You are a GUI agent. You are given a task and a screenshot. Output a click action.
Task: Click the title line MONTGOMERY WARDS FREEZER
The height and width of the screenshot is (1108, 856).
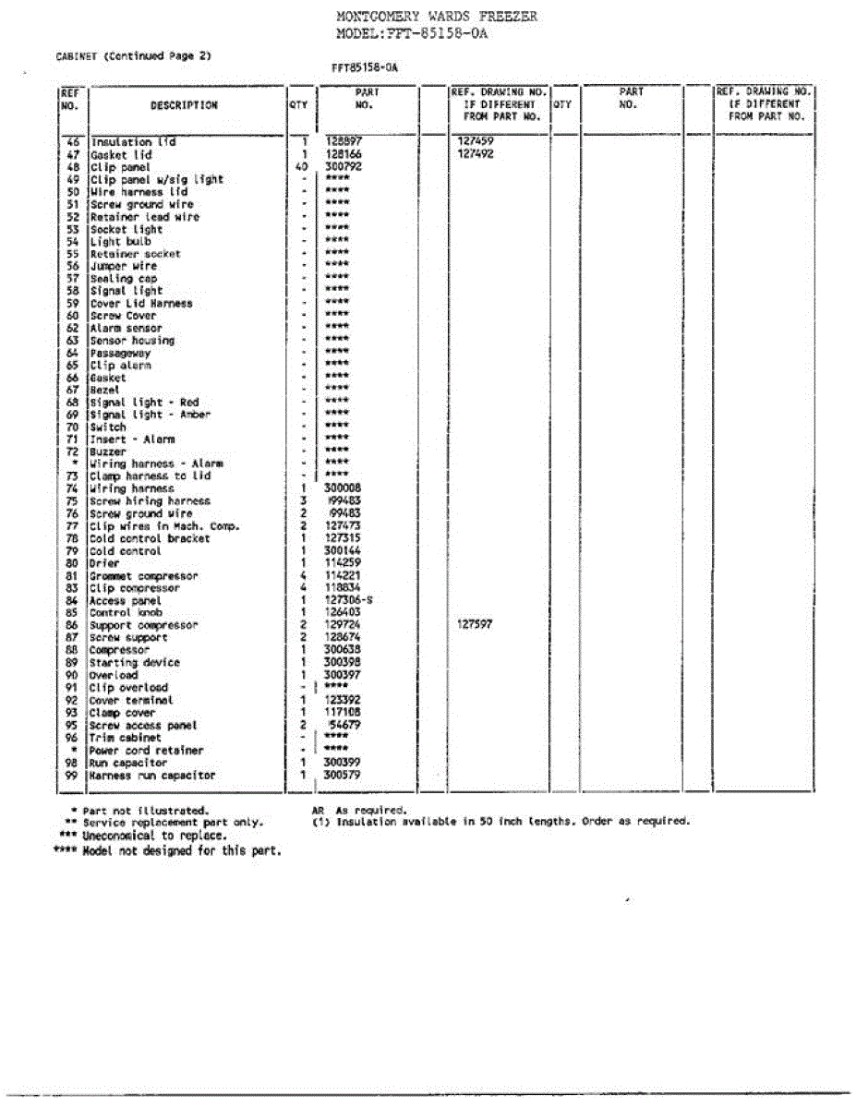click(436, 17)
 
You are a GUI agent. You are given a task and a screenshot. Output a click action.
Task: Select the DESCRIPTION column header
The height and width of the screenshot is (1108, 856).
click(184, 105)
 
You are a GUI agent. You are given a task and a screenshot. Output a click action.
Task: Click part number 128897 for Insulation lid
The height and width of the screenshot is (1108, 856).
click(344, 142)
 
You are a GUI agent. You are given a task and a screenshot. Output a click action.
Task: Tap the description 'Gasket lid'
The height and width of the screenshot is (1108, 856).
click(121, 155)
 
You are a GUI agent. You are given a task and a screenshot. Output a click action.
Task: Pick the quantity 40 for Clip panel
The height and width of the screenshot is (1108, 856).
click(302, 167)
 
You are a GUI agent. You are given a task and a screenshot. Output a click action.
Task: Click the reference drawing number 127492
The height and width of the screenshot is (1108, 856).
click(476, 155)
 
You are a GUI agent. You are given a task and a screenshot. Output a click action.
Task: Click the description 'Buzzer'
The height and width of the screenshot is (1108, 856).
click(108, 452)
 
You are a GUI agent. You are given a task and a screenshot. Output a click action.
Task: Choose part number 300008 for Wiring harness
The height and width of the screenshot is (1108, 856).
click(344, 488)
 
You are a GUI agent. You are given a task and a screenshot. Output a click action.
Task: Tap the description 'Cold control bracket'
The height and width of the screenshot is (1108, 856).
click(150, 538)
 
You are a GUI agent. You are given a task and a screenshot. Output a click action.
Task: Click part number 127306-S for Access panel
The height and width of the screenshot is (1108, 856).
click(349, 600)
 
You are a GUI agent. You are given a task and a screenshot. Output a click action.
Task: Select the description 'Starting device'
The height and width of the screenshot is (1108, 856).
click(135, 662)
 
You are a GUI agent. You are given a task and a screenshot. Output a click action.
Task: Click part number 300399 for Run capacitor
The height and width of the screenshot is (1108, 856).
click(344, 763)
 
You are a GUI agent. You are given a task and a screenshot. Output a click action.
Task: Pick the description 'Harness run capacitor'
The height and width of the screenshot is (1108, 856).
click(152, 776)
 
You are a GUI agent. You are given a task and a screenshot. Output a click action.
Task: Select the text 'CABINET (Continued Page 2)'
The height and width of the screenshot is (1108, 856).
click(134, 55)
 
